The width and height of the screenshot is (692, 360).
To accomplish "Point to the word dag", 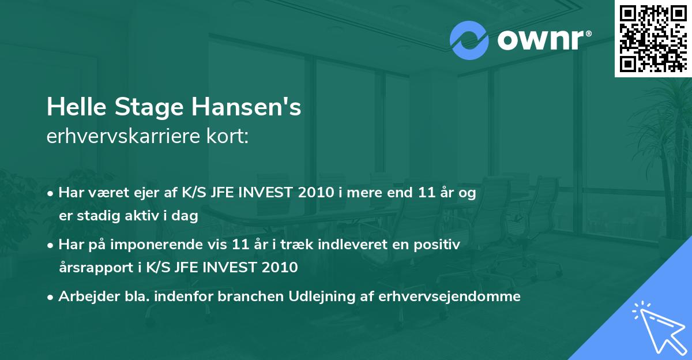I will tap(186, 216).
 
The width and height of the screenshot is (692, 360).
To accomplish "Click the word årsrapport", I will tap(90, 268).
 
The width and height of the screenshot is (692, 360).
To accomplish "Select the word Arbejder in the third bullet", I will tap(82, 297).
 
